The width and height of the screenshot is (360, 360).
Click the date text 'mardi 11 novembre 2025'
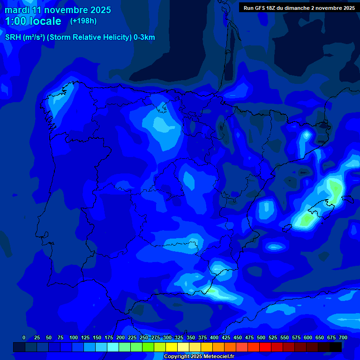58,10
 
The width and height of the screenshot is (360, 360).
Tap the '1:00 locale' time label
33,21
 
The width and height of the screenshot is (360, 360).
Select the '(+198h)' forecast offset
83,21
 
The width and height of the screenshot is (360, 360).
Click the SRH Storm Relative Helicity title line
80,37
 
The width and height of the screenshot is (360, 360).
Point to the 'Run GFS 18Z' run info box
299,7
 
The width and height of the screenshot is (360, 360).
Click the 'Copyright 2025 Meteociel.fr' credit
199,356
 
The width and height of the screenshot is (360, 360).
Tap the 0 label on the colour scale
24,337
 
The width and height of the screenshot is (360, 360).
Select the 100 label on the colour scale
74,337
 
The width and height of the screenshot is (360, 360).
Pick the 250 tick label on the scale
144,337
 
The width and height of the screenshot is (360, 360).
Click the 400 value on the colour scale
214,337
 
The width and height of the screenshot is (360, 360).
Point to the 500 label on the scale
261,337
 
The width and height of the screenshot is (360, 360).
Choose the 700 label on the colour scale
343,337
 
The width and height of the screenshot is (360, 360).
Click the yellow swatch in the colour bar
172,347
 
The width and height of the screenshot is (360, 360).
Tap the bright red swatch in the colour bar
265,347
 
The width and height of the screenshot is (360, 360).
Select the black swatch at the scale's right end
336,347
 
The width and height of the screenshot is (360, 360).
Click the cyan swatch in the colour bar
113,347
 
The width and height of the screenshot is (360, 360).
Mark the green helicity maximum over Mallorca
334,190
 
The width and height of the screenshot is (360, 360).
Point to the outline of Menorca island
347,199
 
